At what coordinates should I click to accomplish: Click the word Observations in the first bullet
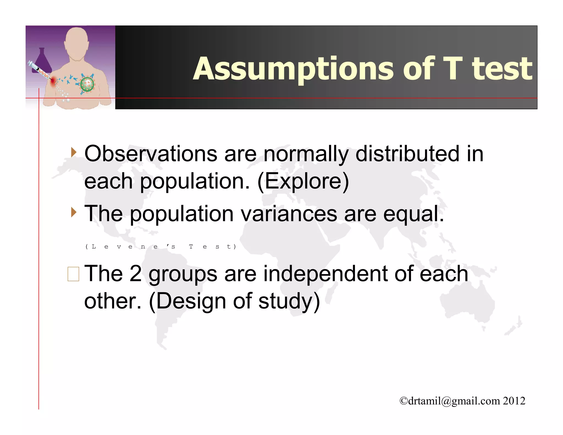point(151,154)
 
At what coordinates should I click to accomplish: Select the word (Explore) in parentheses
point(303,181)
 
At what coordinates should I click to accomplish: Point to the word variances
point(289,214)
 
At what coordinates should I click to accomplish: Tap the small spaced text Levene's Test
point(161,247)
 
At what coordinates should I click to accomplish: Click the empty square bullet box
point(73,274)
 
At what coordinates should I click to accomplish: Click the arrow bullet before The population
point(73,212)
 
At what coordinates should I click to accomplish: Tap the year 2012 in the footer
point(514,401)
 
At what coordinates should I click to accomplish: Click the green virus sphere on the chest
point(87,84)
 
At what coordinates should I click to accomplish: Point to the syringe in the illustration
point(38,70)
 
